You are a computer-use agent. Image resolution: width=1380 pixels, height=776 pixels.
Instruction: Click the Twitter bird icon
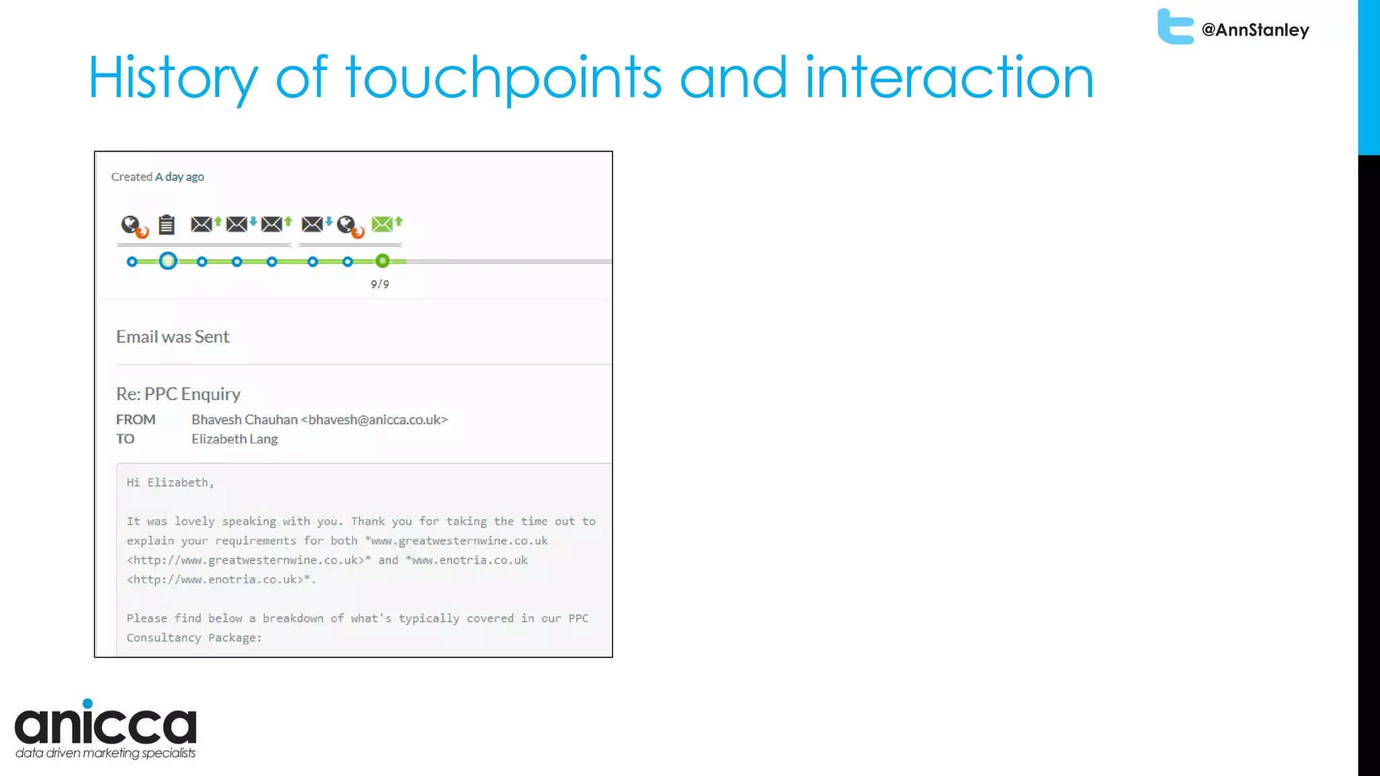click(x=1175, y=27)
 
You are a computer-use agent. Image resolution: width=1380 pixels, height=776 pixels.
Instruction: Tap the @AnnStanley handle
click(x=1255, y=30)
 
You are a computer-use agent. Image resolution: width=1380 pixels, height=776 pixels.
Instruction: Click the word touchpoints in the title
click(x=504, y=78)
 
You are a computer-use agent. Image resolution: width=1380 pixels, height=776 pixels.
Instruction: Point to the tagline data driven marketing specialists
click(x=106, y=753)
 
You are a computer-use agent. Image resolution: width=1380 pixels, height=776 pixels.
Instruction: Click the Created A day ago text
click(x=158, y=177)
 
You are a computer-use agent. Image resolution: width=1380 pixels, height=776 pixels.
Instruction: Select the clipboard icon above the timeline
click(x=166, y=224)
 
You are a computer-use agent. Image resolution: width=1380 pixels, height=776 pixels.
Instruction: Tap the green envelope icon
click(x=383, y=224)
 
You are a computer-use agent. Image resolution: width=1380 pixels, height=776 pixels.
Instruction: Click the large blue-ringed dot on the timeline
click(x=168, y=261)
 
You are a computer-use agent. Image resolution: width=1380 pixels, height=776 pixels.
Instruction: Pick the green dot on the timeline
click(x=382, y=261)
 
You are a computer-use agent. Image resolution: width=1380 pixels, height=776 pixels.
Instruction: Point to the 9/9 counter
click(x=380, y=284)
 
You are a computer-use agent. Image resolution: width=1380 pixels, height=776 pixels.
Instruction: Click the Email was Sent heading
click(x=172, y=337)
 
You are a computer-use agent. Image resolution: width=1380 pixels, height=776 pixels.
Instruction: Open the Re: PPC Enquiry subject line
click(x=179, y=394)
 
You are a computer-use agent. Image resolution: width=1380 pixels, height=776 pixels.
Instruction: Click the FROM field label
click(x=135, y=420)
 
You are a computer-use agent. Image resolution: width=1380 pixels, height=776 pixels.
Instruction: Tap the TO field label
click(x=125, y=439)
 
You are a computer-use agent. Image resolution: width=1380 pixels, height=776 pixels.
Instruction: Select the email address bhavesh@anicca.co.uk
click(x=375, y=420)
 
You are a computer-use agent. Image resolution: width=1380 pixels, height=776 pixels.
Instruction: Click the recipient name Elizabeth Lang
click(x=234, y=439)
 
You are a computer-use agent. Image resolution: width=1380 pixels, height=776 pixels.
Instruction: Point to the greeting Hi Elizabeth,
click(x=170, y=482)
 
